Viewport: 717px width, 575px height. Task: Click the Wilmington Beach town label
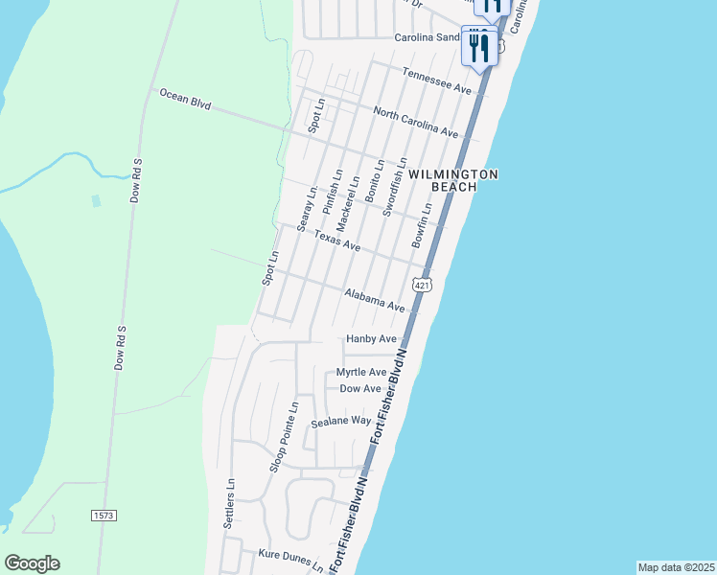[453, 180]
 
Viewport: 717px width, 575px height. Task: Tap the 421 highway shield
[424, 285]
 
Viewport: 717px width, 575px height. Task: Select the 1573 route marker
[104, 516]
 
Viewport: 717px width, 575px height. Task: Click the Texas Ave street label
[337, 241]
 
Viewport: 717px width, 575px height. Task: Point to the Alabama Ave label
[375, 300]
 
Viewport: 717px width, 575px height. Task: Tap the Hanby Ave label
[371, 339]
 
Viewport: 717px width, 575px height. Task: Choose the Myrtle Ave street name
[361, 372]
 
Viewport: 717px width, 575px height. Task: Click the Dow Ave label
[361, 388]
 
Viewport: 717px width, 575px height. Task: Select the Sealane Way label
[340, 421]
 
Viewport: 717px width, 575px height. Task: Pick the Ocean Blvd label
[185, 98]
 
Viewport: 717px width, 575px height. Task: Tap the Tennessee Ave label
[437, 80]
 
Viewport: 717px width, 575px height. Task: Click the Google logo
[32, 563]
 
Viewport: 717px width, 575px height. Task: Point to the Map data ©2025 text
[677, 567]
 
